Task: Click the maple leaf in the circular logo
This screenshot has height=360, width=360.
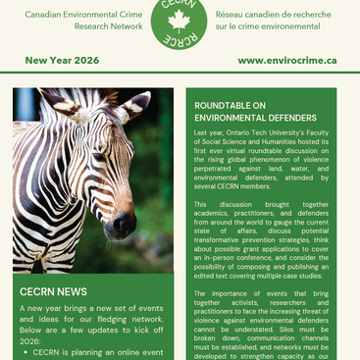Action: tap(180, 22)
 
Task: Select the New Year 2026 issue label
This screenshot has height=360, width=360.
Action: tap(57, 60)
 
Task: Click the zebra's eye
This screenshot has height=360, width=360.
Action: tap(98, 157)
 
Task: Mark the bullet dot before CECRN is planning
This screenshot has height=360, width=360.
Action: tap(26, 350)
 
